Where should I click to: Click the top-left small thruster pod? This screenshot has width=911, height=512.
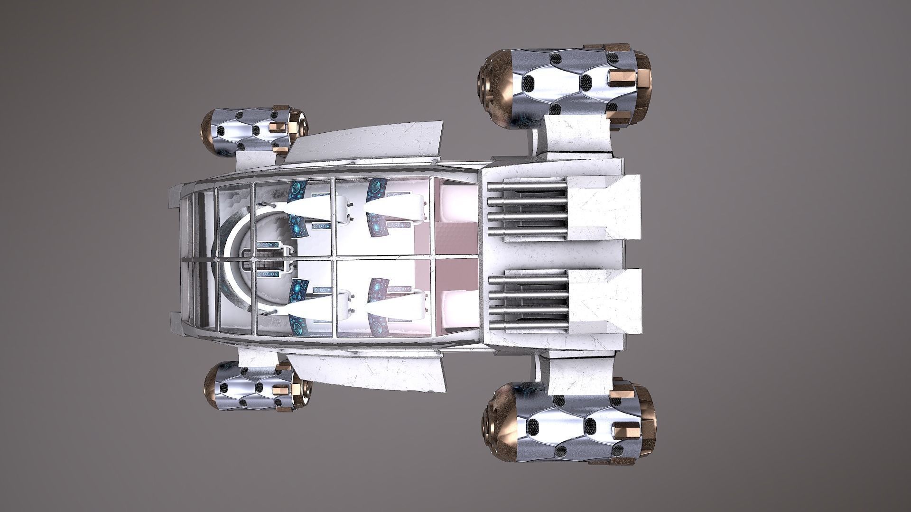[x=254, y=132]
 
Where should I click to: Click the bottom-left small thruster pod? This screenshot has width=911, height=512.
[x=258, y=387]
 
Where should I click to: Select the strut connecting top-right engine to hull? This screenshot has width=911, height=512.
[x=576, y=135]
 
